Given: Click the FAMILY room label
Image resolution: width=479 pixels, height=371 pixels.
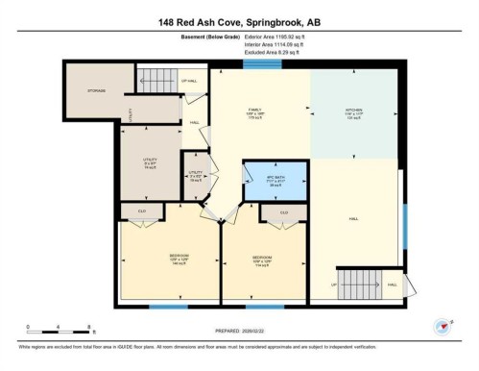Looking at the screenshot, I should [255, 111].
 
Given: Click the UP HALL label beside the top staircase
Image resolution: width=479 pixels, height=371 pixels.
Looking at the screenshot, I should [189, 81].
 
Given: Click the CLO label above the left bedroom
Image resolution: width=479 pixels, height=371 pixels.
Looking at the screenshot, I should [140, 210].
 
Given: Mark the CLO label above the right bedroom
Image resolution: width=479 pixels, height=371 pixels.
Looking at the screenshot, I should [284, 212].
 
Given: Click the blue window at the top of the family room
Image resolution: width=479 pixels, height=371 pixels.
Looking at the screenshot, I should [255, 64].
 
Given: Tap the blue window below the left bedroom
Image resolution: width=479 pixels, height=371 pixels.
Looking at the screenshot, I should [168, 307].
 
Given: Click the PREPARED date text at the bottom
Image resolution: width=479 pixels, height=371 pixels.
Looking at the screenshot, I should [239, 329].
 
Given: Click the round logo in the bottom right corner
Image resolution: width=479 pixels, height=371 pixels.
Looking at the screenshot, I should [443, 326].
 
